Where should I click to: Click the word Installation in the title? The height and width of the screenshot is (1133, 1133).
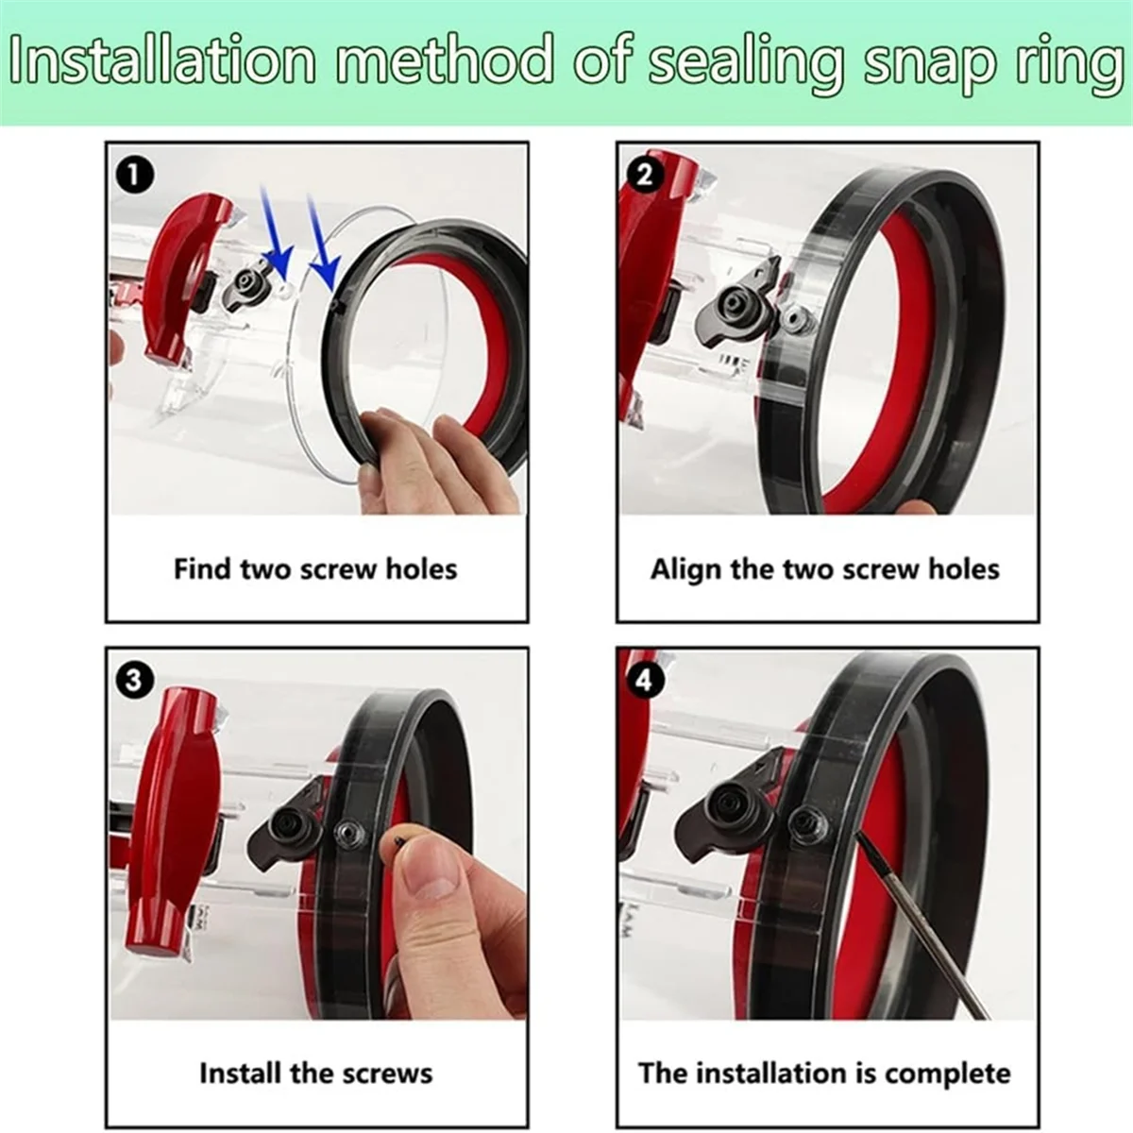(x=162, y=60)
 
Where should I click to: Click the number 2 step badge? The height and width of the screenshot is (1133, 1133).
(x=646, y=176)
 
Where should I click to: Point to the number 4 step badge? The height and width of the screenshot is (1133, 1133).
(x=646, y=681)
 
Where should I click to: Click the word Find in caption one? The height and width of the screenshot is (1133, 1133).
(x=202, y=569)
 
